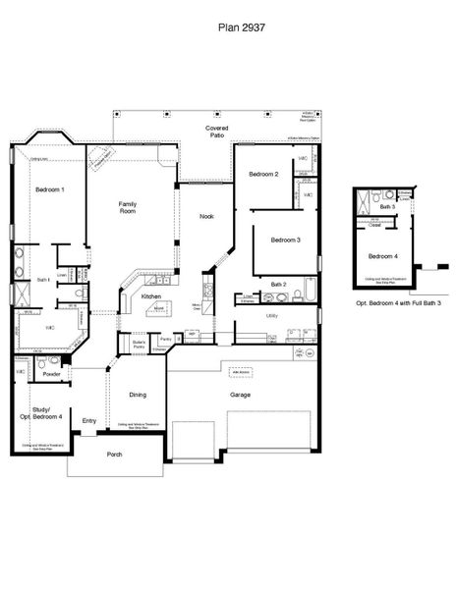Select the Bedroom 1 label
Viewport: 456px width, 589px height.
pos(50,188)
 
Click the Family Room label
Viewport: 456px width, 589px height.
pos(127,206)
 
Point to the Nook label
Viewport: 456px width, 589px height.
pos(206,216)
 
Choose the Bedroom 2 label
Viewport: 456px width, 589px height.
pos(263,174)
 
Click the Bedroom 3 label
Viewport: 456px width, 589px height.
pos(286,240)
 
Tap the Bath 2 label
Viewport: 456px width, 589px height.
pos(278,284)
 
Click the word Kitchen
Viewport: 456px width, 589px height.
pos(150,295)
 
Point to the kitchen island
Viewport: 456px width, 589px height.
pos(157,309)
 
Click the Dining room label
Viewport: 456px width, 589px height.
pos(138,394)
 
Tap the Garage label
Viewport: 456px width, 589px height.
pos(240,395)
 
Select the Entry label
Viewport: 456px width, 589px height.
pos(89,421)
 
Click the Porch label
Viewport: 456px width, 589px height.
pos(115,454)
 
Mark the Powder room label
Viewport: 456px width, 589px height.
pos(53,373)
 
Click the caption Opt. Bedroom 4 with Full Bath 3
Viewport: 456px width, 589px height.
pos(397,304)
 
